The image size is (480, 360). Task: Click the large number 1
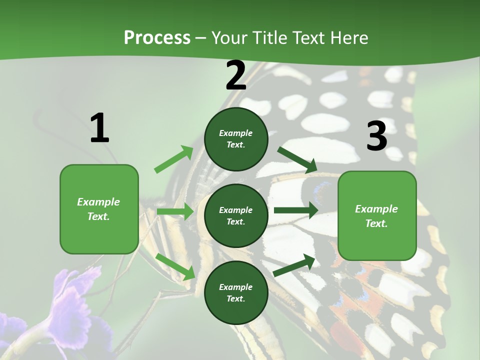pos(99,128)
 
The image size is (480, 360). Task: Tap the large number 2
pos(236,76)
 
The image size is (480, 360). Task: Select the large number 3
pos(376,136)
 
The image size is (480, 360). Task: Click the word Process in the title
pos(157,38)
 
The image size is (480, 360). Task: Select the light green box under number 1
pos(99,209)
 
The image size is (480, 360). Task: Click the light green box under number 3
pos(377,215)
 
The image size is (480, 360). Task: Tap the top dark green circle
pos(236,139)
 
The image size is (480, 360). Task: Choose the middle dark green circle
pos(236,215)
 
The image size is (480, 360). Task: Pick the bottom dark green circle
pos(236,292)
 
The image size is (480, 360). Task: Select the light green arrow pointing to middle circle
pos(175,211)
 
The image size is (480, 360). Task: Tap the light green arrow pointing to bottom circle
pos(175,266)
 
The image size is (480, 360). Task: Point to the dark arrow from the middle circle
pos(295,210)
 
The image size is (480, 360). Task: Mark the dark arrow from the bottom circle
pos(294,265)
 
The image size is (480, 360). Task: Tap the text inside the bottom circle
pos(236,293)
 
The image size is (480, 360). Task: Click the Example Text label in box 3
pos(376,216)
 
